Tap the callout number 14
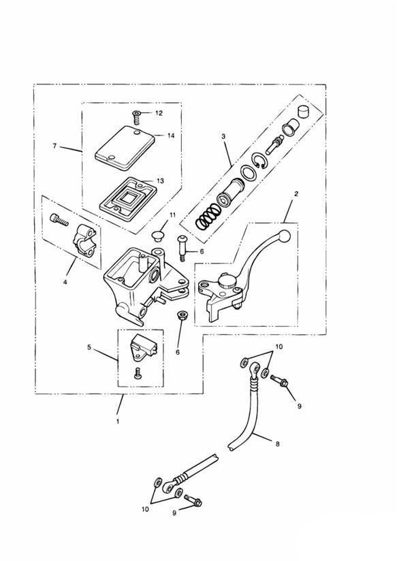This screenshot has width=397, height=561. point(170,135)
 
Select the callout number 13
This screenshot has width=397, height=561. point(160,181)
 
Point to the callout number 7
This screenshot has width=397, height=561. point(55,146)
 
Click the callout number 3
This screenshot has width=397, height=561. point(223,137)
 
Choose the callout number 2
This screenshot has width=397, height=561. point(296,193)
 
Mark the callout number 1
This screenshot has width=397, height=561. point(117,421)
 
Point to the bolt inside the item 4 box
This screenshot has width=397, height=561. point(59,219)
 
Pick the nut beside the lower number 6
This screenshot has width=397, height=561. point(182,316)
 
